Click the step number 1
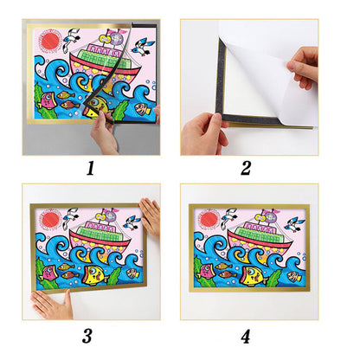pyautogui.click(x=91, y=168)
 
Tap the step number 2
pyautogui.click(x=246, y=168)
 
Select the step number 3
pyautogui.click(x=87, y=336)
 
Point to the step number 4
pyautogui.click(x=246, y=337)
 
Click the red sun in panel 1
pyautogui.click(x=50, y=42)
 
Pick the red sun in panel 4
pyautogui.click(x=209, y=219)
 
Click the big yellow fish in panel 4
pyautogui.click(x=253, y=276)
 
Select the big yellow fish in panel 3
pyautogui.click(x=95, y=275)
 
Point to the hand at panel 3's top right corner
pyautogui.click(x=151, y=217)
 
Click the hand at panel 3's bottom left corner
pyautogui.click(x=53, y=305)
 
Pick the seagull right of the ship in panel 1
pyautogui.click(x=143, y=48)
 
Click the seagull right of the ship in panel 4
pyautogui.click(x=295, y=224)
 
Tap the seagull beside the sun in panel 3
pyautogui.click(x=71, y=217)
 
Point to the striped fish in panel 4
pyautogui.click(x=294, y=276)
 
